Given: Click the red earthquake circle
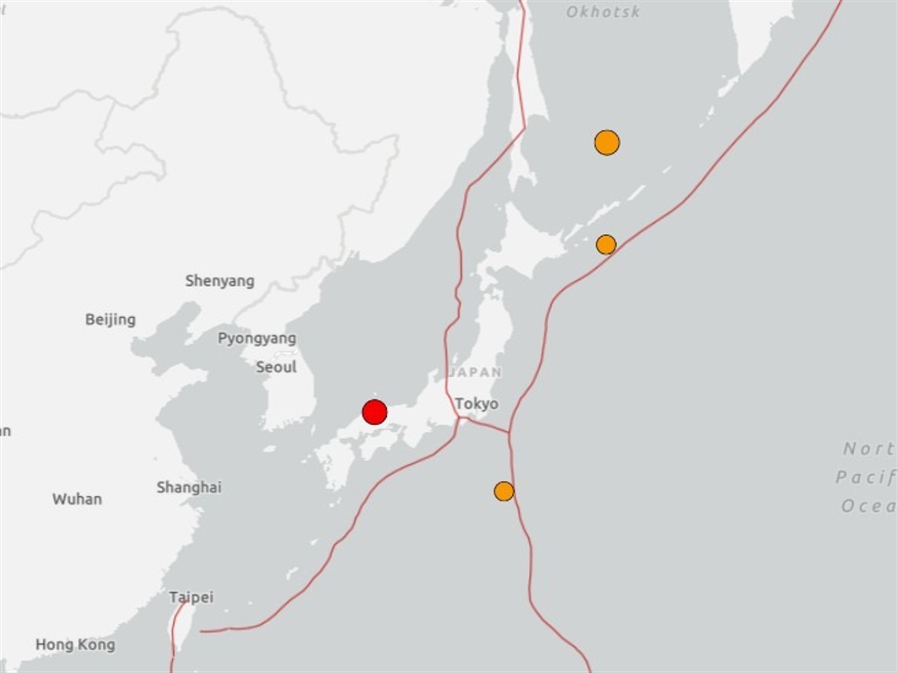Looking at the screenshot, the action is (x=374, y=412).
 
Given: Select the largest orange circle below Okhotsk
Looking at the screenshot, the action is (x=607, y=143).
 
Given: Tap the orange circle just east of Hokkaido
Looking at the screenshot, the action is (x=606, y=244).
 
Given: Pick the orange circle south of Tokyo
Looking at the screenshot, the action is (x=504, y=491).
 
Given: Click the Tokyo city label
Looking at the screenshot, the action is (x=476, y=404).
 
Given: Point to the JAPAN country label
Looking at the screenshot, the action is (x=475, y=372).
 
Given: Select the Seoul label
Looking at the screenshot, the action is (x=276, y=367).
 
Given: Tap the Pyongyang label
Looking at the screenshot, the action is (x=257, y=338).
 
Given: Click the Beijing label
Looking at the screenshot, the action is (x=111, y=320).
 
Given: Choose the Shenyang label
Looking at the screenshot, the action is (x=219, y=281).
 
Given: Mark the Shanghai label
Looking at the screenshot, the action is (x=189, y=488).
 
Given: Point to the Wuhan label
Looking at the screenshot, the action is (x=77, y=500).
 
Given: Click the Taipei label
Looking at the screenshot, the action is (x=192, y=597).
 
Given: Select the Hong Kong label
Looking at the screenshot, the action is (x=76, y=645).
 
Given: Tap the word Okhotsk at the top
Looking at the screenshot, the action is (x=603, y=12).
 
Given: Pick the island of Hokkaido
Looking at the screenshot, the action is (x=525, y=249).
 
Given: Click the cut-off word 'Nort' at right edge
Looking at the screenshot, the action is (x=869, y=449).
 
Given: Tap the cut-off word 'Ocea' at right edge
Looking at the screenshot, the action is (x=868, y=506).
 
